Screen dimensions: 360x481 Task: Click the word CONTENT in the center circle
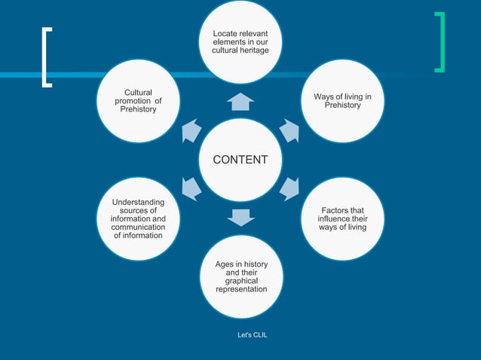(240, 160)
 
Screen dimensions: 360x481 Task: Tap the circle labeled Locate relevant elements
(240, 41)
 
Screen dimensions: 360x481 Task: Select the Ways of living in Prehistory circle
(342, 101)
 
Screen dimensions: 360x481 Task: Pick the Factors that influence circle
(342, 218)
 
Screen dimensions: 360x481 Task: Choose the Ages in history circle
(240, 276)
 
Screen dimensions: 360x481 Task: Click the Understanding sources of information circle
(139, 218)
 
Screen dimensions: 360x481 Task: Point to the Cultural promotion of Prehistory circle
(139, 101)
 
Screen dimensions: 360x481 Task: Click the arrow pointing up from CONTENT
(240, 102)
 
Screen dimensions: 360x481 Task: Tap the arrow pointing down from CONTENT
(240, 218)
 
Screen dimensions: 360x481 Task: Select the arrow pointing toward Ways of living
(290, 131)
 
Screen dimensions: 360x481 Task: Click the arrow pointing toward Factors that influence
(290, 188)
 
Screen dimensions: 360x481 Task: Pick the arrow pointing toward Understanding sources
(191, 188)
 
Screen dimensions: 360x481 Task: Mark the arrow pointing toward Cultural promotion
(191, 131)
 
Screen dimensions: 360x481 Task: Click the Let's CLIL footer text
(253, 334)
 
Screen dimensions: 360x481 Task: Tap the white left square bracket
(47, 58)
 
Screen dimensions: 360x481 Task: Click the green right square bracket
(440, 42)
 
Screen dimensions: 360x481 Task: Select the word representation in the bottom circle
(241, 289)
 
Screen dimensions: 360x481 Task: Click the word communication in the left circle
(139, 227)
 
